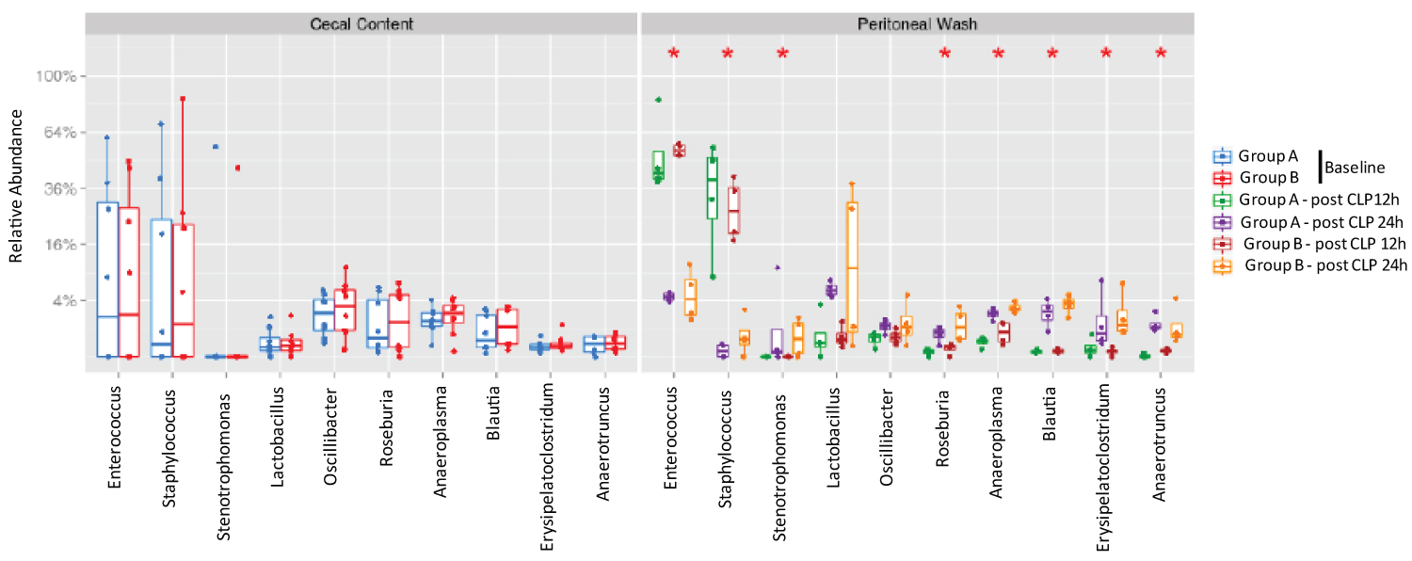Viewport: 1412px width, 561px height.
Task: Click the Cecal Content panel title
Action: (362, 23)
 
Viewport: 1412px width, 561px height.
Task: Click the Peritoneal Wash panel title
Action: (918, 23)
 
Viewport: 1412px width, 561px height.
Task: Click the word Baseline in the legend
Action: (1355, 168)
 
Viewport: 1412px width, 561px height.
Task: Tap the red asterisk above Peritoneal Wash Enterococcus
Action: (673, 54)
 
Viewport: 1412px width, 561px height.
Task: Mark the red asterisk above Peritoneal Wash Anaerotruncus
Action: (1161, 54)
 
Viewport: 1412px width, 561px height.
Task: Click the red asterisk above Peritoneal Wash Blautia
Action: (1052, 54)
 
